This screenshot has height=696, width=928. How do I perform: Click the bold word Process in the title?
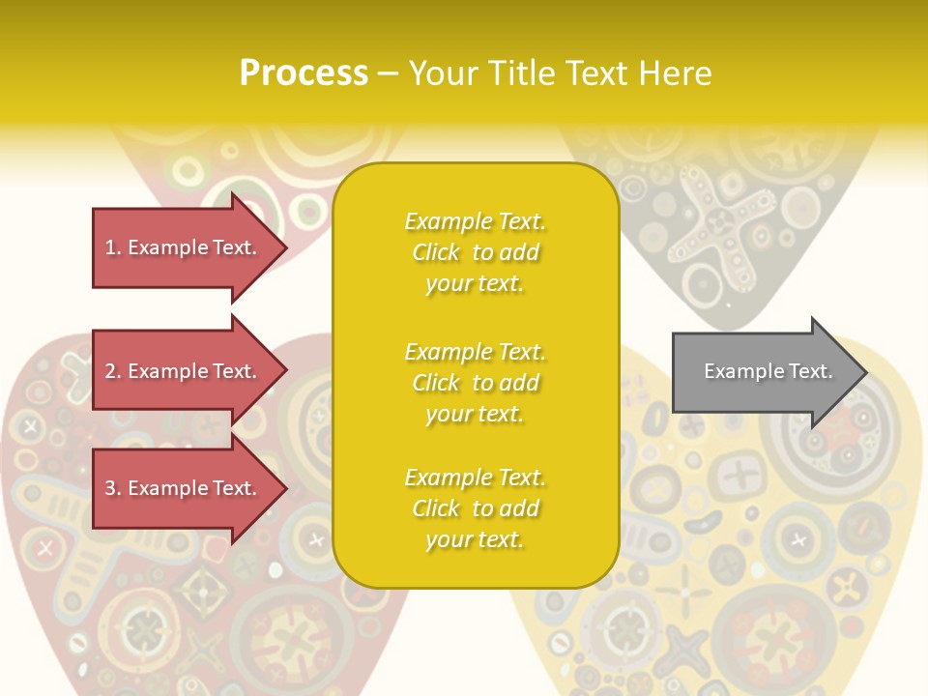[x=304, y=72]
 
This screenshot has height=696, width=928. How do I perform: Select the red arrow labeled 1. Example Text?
[x=184, y=247]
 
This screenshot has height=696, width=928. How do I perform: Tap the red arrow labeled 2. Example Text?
[x=184, y=371]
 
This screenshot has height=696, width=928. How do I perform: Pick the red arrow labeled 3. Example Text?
[x=184, y=489]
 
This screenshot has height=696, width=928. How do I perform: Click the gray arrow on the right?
[x=764, y=371]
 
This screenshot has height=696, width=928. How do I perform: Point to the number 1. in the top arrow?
[x=113, y=247]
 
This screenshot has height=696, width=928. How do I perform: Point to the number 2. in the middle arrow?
[x=113, y=371]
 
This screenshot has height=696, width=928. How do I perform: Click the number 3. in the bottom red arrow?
[x=113, y=489]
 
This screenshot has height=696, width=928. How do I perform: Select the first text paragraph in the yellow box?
[x=475, y=252]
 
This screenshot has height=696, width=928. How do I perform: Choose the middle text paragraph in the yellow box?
[x=475, y=382]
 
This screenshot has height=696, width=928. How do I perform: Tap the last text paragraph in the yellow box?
[x=475, y=508]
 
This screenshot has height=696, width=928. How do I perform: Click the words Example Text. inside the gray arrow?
[x=768, y=371]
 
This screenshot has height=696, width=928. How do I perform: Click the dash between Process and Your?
[x=388, y=73]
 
